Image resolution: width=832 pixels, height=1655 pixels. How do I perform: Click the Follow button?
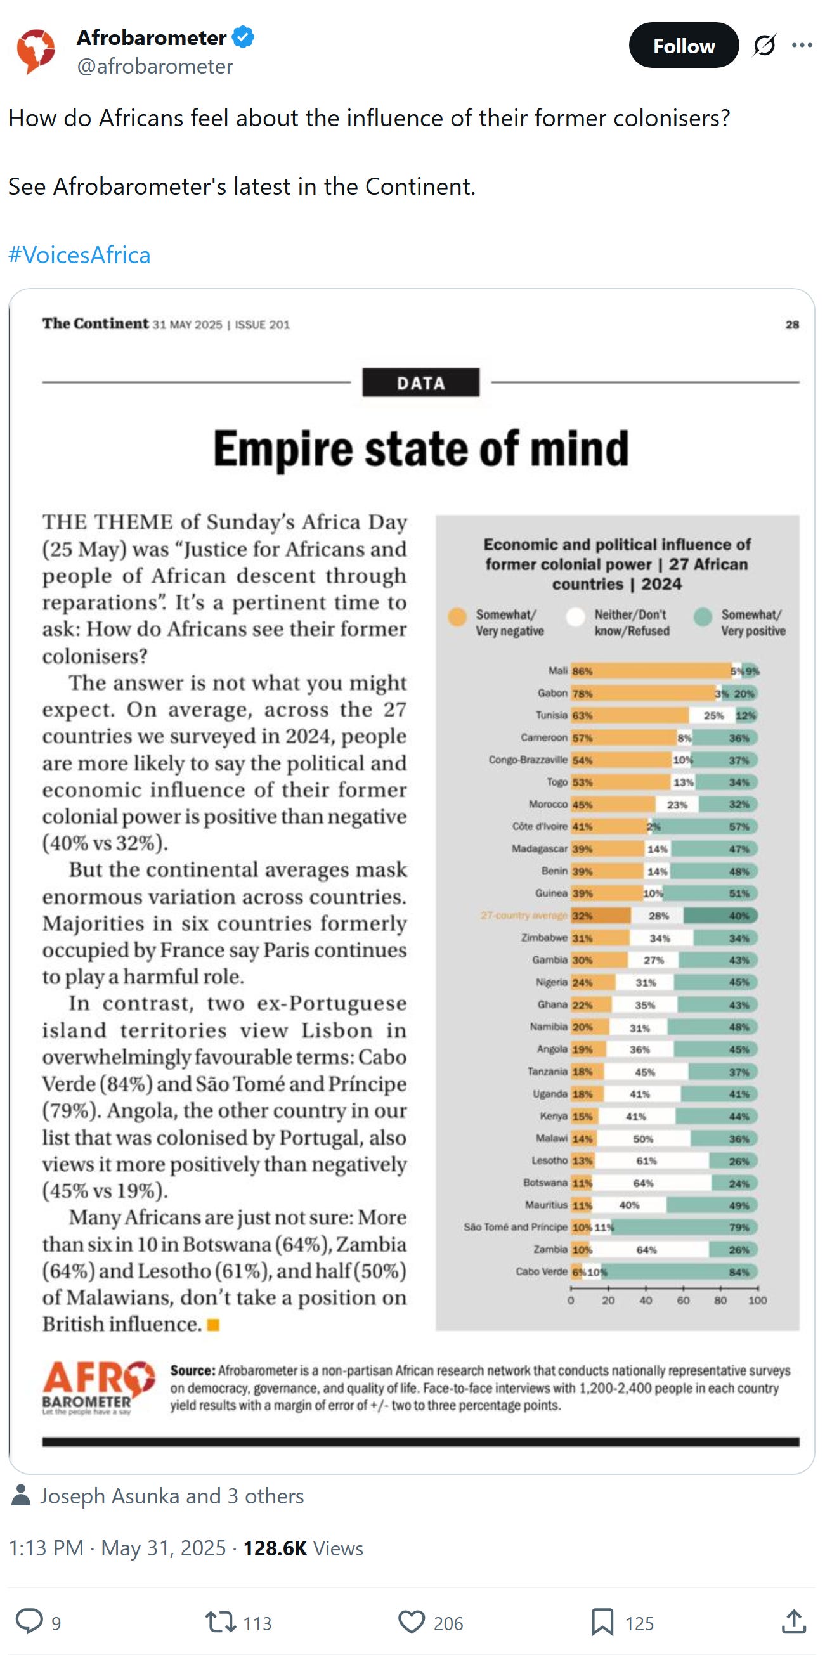[683, 46]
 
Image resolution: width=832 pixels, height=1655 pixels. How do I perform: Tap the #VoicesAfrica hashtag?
[79, 255]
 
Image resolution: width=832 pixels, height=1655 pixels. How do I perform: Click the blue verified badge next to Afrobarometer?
[243, 37]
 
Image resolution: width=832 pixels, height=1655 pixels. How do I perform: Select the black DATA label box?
[420, 382]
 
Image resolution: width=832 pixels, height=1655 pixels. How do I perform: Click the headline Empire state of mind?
[421, 448]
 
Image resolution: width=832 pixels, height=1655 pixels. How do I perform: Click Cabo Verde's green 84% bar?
[681, 1272]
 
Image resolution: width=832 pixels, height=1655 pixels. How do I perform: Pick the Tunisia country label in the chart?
[551, 715]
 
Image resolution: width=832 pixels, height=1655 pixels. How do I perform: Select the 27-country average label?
[524, 916]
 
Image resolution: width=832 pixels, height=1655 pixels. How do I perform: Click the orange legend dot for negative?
[457, 617]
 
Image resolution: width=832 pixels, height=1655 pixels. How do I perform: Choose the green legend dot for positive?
[703, 617]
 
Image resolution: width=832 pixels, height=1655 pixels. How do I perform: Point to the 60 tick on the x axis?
[683, 1301]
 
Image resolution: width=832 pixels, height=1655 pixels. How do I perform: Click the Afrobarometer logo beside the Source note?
[98, 1387]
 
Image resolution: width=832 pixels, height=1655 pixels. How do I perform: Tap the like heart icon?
[411, 1622]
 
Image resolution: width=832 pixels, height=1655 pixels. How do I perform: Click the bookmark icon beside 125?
[602, 1622]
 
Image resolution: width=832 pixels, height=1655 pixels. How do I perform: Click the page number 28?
[791, 325]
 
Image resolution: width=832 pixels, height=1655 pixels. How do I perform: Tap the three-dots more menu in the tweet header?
[802, 45]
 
